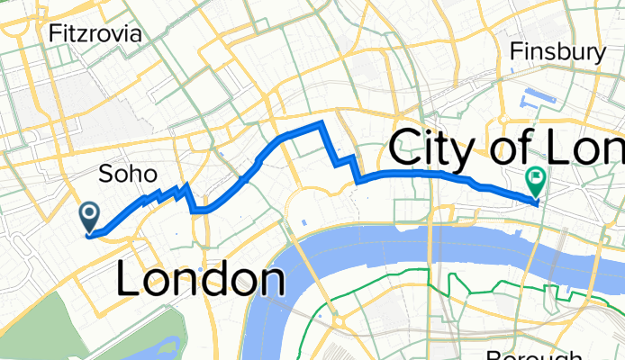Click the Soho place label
127,173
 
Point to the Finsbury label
557,53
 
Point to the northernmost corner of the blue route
322,121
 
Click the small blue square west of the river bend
303,222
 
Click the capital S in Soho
104,173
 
